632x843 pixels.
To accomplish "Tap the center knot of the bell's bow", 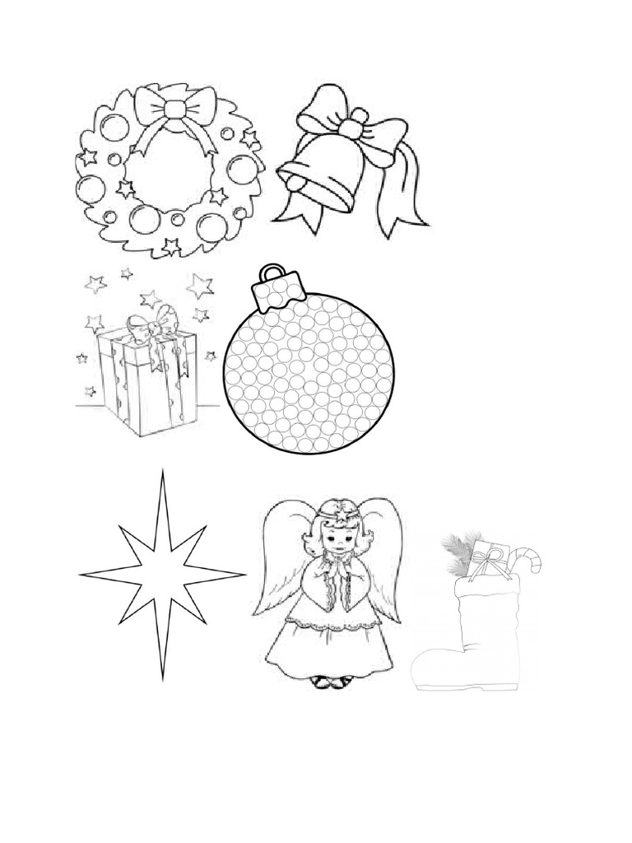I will coord(352,128).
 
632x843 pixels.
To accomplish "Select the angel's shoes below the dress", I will coord(332,682).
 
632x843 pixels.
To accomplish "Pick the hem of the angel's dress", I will coord(332,668).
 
